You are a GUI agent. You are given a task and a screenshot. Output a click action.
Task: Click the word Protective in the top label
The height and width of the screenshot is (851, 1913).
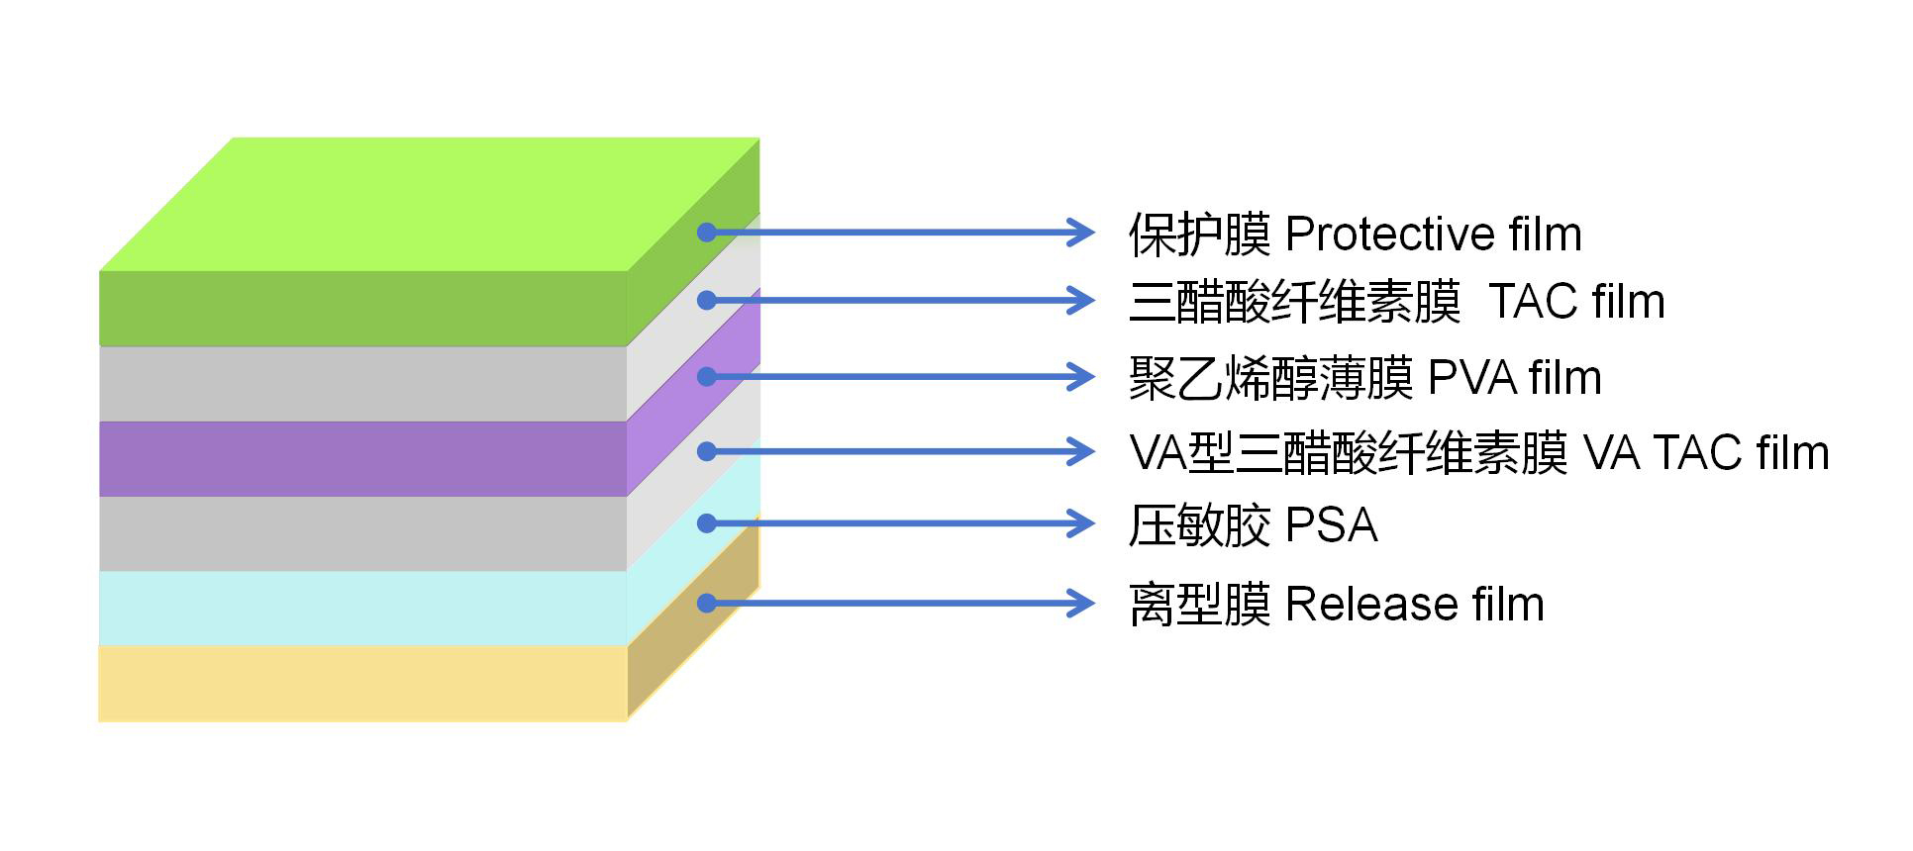click(1388, 235)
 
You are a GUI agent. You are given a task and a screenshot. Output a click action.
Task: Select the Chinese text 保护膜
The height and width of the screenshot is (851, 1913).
click(1199, 235)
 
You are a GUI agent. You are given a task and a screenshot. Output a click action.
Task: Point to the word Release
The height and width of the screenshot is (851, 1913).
click(1371, 605)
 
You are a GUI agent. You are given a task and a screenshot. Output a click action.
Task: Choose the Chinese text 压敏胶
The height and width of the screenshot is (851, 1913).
click(1199, 525)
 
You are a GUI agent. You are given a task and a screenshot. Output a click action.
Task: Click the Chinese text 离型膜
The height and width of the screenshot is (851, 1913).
click(1199, 605)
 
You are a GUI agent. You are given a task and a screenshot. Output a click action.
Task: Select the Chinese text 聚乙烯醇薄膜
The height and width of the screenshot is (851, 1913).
click(1270, 378)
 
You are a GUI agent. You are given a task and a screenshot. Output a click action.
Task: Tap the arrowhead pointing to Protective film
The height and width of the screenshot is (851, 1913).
click(1081, 233)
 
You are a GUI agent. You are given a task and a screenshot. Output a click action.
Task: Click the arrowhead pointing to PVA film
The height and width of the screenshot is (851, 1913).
click(1081, 376)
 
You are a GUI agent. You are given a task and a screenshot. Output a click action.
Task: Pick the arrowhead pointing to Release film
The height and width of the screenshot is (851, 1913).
click(1081, 603)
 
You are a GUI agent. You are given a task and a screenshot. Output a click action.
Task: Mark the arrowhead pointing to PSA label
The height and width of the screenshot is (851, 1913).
click(1081, 523)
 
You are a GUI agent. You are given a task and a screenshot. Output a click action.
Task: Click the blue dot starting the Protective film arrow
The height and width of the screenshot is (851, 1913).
click(706, 233)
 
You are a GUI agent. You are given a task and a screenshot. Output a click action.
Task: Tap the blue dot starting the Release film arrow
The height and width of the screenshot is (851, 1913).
click(706, 603)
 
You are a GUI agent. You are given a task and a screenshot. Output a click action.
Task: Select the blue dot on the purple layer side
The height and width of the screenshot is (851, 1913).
click(706, 376)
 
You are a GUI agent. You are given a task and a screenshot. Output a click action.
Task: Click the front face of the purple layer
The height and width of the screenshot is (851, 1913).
click(362, 459)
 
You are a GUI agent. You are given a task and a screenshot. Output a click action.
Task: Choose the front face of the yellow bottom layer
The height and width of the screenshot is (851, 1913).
click(362, 684)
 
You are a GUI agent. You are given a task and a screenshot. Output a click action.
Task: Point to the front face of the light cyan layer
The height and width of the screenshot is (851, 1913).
click(362, 609)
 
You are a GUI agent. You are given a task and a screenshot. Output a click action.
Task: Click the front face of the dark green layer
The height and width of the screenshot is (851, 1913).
click(362, 309)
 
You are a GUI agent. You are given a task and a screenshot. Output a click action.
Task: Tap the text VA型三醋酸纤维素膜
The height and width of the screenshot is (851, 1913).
click(1348, 453)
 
